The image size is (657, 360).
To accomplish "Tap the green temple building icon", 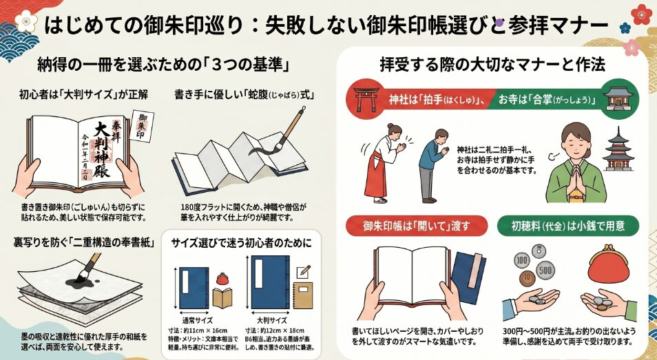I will point(619,98).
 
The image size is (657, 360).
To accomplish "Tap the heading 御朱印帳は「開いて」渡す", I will point(415,226).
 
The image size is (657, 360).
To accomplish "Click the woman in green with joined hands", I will point(574,162).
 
